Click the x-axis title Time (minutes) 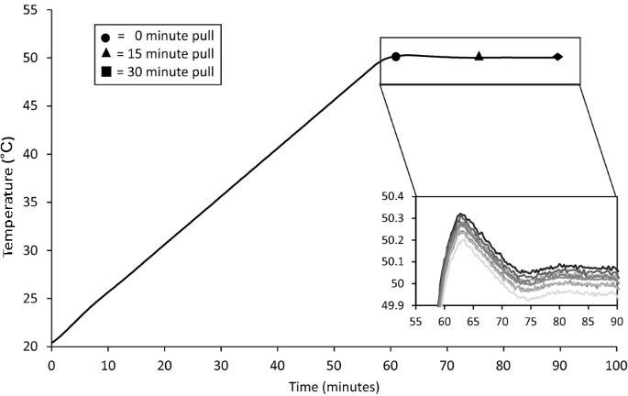(334, 387)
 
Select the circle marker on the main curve (396, 57)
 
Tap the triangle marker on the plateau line (479, 57)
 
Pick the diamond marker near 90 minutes (558, 57)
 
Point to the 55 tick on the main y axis (32, 9)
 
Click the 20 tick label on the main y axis (32, 346)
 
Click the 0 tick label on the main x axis (51, 364)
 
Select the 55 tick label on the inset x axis (416, 323)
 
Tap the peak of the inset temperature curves (461, 215)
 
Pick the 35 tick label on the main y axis (32, 202)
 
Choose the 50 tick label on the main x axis (334, 364)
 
